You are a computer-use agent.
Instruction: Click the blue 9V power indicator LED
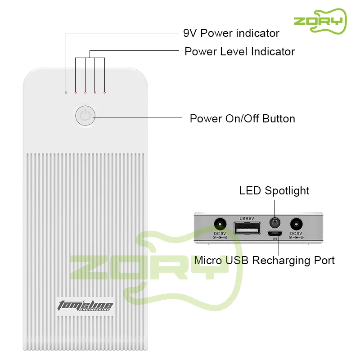tap(66, 92)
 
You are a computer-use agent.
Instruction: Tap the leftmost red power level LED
tap(76, 92)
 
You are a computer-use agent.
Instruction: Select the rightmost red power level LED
tap(104, 92)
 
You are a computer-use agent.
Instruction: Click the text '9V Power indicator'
tap(231, 33)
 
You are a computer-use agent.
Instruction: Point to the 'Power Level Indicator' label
tap(239, 52)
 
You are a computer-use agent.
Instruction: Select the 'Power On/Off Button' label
tap(242, 119)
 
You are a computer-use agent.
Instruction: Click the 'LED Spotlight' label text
tap(274, 191)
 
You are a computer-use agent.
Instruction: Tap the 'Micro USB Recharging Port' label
tap(264, 261)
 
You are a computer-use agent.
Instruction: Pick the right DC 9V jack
tap(296, 224)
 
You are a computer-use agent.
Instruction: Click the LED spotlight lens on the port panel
tap(274, 223)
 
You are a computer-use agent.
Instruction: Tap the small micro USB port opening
tap(274, 234)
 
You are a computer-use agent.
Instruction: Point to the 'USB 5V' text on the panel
tap(247, 219)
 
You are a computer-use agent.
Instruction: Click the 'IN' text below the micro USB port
tap(275, 239)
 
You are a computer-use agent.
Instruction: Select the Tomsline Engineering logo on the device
tap(85, 306)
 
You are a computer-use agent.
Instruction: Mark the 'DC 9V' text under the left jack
tap(220, 233)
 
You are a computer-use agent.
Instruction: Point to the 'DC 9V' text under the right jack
tap(296, 233)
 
